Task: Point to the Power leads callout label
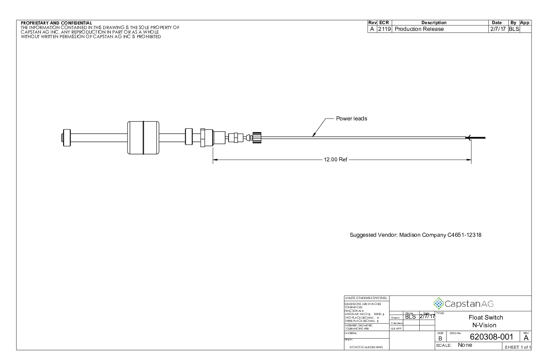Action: [x=351, y=119]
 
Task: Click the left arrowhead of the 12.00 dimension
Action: [x=215, y=160]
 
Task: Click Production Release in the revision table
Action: [x=419, y=29]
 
